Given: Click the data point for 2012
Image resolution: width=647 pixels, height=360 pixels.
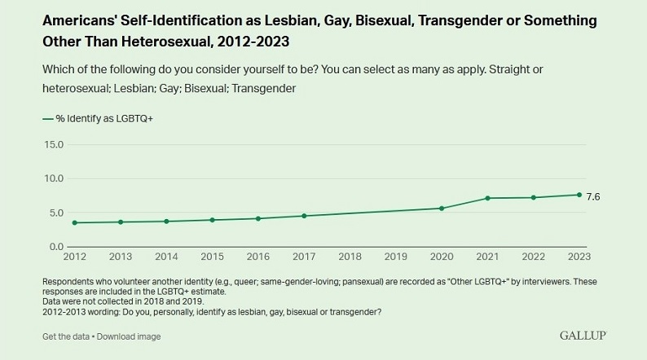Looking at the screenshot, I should coord(74,222).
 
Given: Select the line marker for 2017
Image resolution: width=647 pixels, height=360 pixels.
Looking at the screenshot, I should coord(304,216).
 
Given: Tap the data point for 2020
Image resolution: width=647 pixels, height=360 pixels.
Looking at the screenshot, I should coord(442,209).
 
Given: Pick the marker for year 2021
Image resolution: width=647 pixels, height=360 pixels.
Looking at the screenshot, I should coord(487,198).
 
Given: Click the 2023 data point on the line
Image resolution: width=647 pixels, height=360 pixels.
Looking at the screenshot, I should coord(579,195).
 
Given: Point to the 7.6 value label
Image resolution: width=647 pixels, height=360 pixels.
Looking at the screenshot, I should coord(593,196).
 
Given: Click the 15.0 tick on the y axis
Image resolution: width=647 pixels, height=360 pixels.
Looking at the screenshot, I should coord(53,144).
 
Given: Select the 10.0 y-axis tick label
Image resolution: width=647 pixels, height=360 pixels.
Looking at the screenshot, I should coord(53,178).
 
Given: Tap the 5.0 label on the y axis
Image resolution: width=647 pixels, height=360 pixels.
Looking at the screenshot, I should coord(55,213).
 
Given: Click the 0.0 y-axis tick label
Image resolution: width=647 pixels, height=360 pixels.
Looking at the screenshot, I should coord(55,247).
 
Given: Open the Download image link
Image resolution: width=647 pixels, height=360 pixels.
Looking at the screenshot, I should coord(129,336).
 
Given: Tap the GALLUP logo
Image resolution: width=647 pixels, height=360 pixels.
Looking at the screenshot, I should coord(583,336).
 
